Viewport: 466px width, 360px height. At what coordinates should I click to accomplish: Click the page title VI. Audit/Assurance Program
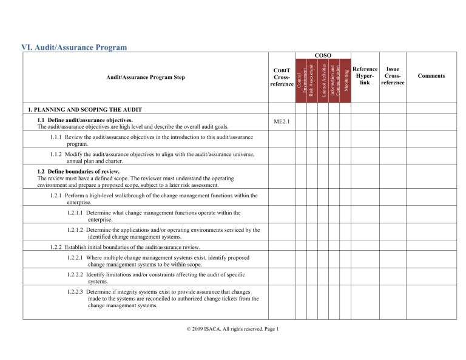pyautogui.click(x=74, y=47)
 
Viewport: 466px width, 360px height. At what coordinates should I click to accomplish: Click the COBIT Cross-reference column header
pyautogui.click(x=282, y=76)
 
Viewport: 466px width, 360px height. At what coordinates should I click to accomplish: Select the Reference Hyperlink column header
pyautogui.click(x=365, y=76)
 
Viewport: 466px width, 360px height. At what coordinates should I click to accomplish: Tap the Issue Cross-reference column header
pyautogui.click(x=392, y=76)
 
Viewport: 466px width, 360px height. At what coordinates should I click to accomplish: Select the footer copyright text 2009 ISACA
pyautogui.click(x=233, y=329)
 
